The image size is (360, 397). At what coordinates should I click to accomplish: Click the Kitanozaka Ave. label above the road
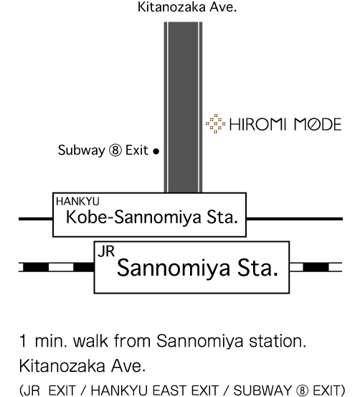(187, 7)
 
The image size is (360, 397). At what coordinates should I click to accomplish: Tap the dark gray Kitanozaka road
(183, 107)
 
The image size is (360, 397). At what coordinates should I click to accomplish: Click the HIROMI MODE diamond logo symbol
(215, 123)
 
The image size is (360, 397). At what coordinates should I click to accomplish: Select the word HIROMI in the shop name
(257, 124)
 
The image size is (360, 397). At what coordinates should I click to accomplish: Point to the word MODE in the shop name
(318, 124)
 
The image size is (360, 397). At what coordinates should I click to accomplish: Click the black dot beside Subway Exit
(156, 151)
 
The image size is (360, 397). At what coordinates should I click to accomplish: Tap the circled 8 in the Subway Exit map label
(115, 150)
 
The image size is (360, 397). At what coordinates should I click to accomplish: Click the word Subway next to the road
(82, 150)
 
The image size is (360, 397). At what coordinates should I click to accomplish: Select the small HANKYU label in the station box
(77, 202)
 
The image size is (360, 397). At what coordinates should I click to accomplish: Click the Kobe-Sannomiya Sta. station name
(152, 218)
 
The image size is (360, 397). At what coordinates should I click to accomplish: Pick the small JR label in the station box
(106, 251)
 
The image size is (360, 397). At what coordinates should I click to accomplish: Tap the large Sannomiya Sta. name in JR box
(197, 268)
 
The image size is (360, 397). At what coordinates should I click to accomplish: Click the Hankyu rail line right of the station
(295, 219)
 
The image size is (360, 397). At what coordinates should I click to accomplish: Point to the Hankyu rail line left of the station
(36, 219)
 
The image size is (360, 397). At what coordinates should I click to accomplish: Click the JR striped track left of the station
(56, 267)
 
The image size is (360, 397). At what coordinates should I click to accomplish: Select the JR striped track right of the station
(316, 267)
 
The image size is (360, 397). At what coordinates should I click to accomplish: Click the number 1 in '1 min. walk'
(23, 341)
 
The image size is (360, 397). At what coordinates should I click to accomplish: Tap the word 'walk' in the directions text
(90, 341)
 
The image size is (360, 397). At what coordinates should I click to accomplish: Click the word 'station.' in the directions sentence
(278, 341)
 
